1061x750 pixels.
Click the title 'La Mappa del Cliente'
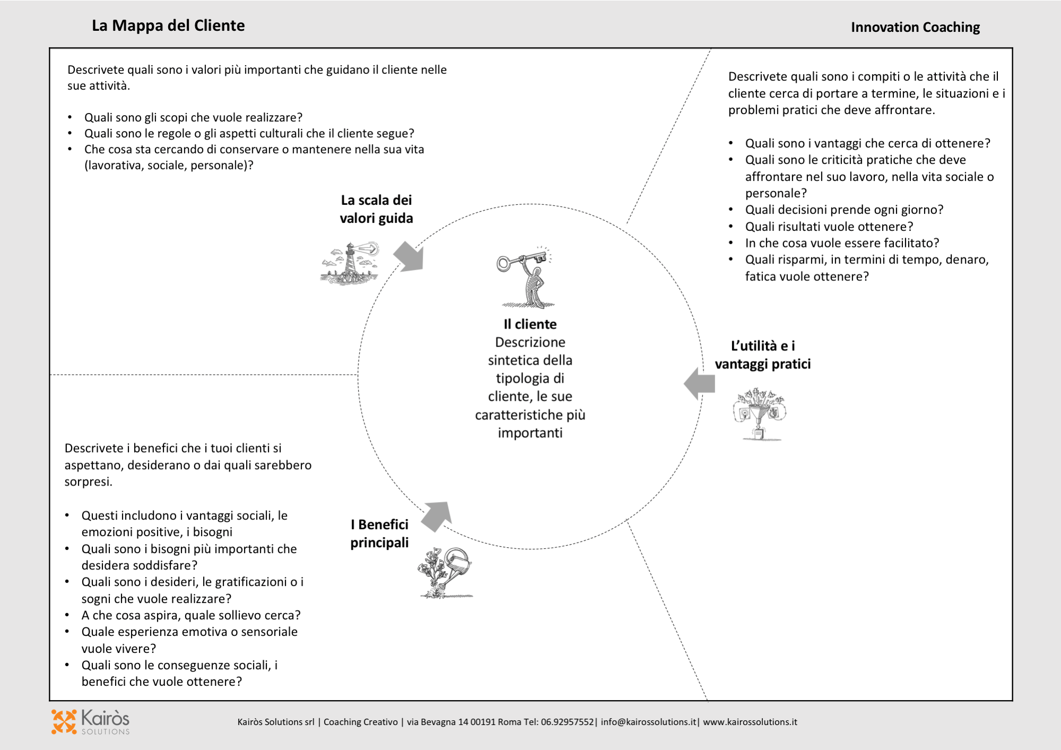pos(168,25)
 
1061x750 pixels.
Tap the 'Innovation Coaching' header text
pos(915,27)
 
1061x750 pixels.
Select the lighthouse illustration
pos(351,263)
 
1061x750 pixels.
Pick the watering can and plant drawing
pos(445,572)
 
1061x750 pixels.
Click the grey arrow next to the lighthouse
pos(410,256)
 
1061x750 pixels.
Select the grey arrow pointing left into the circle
pos(700,383)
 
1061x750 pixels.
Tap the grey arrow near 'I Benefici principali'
pos(437,515)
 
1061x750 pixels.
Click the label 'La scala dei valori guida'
pos(376,209)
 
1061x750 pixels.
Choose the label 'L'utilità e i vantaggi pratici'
pos(762,355)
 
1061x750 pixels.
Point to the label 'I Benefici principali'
pos(379,533)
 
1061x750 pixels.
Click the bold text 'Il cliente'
pos(530,324)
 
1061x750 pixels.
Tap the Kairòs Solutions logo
pos(91,722)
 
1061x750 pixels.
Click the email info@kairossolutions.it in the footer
pos(648,722)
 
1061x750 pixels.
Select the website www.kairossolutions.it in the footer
pos(750,722)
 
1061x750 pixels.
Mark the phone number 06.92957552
pos(567,722)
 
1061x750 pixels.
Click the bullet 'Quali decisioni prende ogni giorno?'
pos(844,210)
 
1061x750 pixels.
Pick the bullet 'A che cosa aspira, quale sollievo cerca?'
pos(191,615)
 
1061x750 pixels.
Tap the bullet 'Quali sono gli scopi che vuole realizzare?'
pos(193,117)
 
